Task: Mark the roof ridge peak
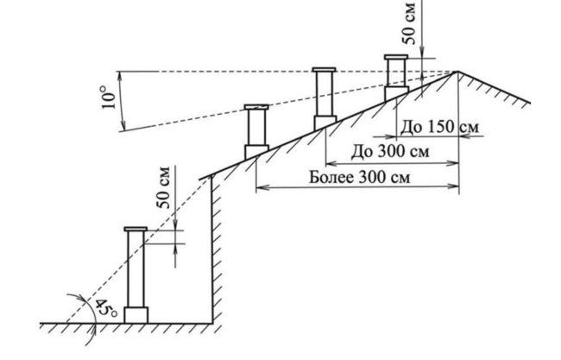tap(457, 72)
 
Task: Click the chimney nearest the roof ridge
tap(396, 75)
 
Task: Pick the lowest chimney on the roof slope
tap(256, 129)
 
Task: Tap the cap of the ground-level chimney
tap(136, 229)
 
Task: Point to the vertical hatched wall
tap(217, 250)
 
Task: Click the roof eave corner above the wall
tap(211, 177)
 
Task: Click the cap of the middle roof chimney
tap(324, 68)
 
